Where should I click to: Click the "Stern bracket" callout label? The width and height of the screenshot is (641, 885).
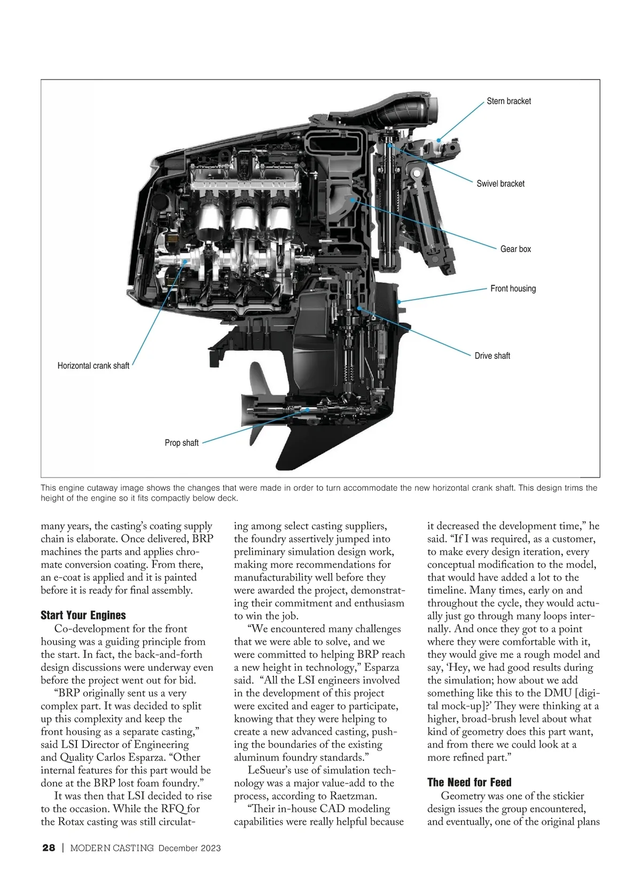click(x=509, y=101)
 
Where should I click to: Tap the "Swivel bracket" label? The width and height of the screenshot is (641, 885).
click(x=501, y=184)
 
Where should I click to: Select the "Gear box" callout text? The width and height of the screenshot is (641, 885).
click(x=515, y=249)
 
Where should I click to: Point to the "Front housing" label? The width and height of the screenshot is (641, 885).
click(x=513, y=288)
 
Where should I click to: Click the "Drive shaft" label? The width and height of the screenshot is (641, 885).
click(x=492, y=356)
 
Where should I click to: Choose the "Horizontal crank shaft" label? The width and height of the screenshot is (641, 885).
click(x=93, y=366)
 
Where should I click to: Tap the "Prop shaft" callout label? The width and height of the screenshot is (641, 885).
click(x=182, y=443)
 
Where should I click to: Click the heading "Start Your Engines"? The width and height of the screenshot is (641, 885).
click(x=83, y=615)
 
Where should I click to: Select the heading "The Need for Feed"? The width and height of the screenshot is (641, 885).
click(x=470, y=782)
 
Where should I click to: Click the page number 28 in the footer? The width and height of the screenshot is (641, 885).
click(x=49, y=848)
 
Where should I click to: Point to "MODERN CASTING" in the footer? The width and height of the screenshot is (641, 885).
click(x=112, y=848)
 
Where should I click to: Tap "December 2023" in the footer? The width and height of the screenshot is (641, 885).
click(x=190, y=848)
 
